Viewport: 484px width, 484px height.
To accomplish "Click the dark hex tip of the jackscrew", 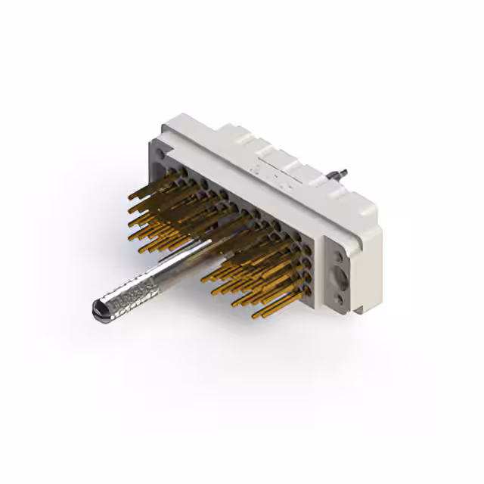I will pyautogui.click(x=98, y=308).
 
